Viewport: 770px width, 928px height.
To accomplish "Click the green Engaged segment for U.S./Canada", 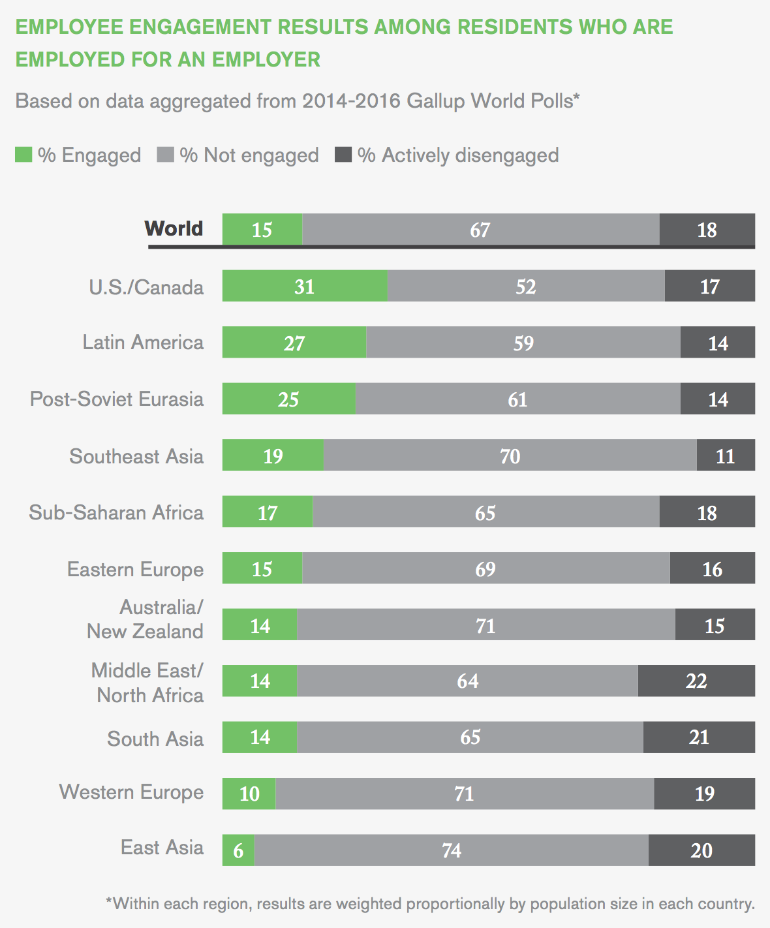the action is (304, 286).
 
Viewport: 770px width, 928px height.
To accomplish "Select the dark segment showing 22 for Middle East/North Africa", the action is (696, 681).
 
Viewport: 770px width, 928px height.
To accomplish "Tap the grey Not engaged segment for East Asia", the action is (452, 850).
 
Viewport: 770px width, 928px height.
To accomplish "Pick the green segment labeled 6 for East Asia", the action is (238, 850).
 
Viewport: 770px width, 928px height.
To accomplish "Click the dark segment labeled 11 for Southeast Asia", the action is (726, 455).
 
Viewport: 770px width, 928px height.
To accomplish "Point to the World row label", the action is (174, 228).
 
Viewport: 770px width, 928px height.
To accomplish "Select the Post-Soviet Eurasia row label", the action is (117, 399).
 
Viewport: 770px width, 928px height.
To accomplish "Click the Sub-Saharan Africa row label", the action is (116, 512).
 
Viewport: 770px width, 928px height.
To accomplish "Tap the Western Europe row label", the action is (132, 792).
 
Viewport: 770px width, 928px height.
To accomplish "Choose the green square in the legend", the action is (23, 155).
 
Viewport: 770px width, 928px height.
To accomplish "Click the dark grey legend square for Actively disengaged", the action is (343, 155).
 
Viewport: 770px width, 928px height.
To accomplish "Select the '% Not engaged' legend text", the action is (249, 155).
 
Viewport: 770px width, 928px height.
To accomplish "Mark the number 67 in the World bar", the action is (480, 230).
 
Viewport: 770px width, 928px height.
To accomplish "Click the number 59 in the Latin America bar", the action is (523, 343).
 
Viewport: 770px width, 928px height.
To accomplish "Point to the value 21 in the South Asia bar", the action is (699, 737).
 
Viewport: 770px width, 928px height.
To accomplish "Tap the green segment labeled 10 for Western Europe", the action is (249, 794).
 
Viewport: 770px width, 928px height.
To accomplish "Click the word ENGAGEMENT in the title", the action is (200, 27).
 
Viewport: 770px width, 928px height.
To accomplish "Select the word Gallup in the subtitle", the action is (435, 101).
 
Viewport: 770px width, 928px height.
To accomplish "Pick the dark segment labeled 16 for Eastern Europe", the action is (712, 568).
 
